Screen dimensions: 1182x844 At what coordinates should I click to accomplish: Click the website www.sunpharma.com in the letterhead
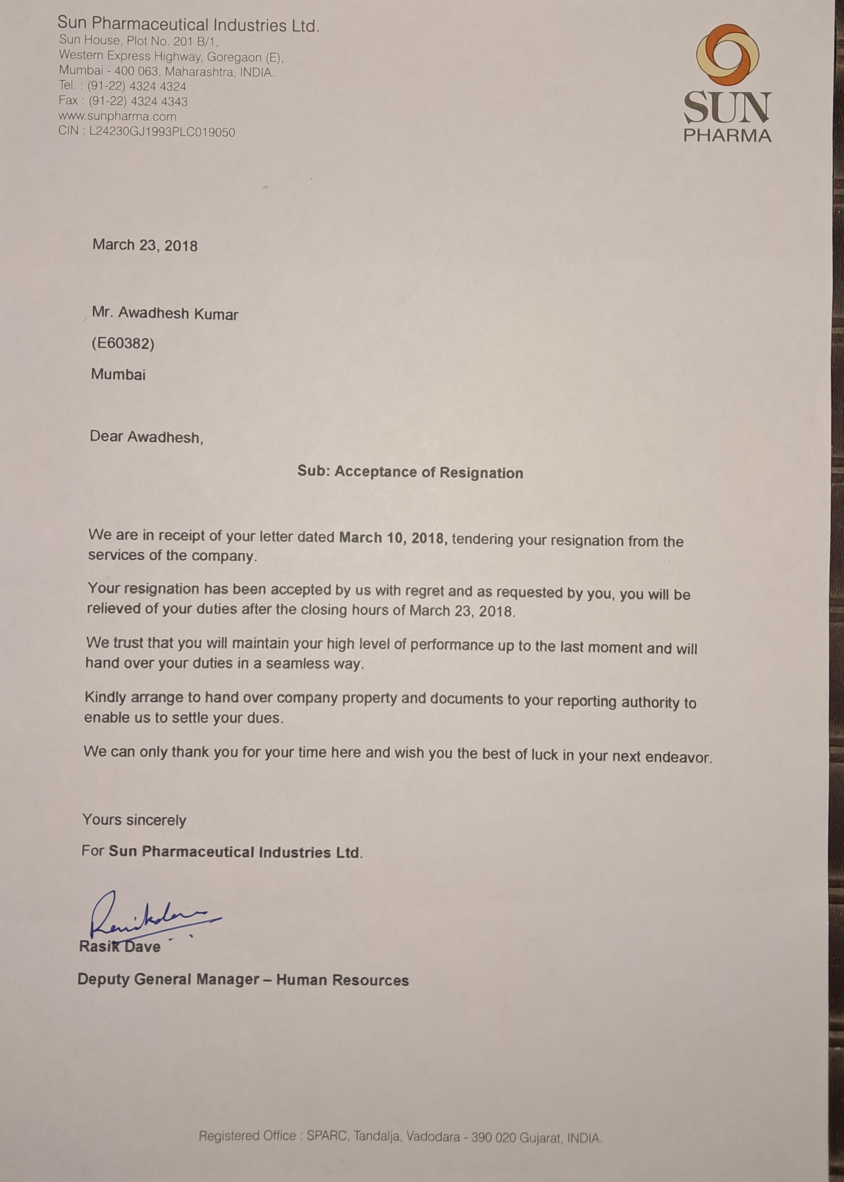coord(117,117)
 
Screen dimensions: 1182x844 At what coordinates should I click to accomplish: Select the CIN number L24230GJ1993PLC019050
coord(162,132)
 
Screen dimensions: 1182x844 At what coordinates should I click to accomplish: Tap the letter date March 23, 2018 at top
coord(145,245)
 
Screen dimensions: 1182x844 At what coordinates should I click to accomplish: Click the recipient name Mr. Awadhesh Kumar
coord(165,314)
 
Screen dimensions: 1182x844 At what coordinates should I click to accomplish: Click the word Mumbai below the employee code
coord(119,374)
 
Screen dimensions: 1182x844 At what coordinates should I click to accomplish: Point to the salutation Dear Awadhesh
coord(146,437)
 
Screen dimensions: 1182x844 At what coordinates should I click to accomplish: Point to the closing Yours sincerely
coord(134,820)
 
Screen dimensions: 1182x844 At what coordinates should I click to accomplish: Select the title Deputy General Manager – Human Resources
coord(243,980)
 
